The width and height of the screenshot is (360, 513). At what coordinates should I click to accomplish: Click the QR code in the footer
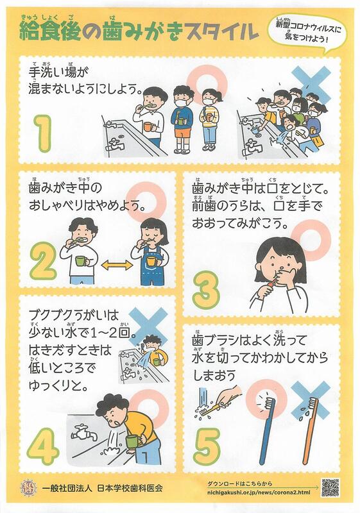click(330, 487)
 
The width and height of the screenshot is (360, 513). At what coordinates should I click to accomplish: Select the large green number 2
click(43, 261)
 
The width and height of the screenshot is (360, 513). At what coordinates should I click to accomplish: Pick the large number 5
click(207, 446)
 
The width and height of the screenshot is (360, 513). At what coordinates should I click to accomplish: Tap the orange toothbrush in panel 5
click(310, 430)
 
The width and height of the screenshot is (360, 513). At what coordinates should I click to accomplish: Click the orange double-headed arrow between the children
click(117, 265)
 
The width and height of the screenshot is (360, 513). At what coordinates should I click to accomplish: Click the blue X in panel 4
click(148, 326)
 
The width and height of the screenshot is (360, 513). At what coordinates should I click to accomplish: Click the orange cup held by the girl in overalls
click(152, 261)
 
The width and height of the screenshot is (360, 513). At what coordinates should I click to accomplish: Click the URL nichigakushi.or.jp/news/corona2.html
click(259, 492)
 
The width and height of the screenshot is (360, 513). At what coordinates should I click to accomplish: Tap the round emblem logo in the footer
click(26, 488)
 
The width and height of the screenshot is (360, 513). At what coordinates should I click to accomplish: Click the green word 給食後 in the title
click(51, 31)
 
